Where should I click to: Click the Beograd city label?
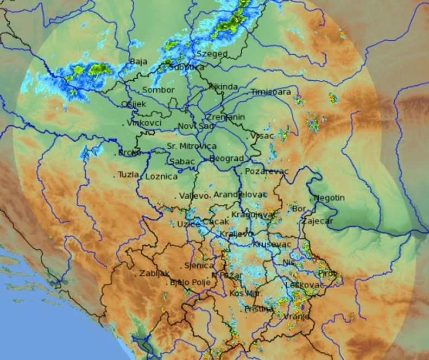[226, 159]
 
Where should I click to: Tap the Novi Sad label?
[196, 127]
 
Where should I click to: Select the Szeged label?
[211, 54]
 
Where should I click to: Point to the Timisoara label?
[271, 92]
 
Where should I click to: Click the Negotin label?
[329, 198]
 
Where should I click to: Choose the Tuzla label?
[129, 175]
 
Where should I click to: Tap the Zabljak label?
[155, 274]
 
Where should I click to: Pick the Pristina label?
[258, 308]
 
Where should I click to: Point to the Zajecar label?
[318, 222]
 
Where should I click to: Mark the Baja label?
[138, 62]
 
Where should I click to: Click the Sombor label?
[158, 90]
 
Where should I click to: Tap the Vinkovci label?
[144, 123]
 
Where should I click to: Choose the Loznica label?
[161, 176]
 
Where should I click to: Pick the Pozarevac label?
[266, 172]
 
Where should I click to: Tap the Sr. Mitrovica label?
[191, 146]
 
